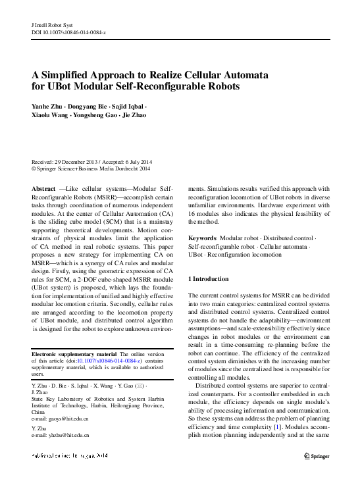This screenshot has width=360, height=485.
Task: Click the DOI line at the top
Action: pos(68,32)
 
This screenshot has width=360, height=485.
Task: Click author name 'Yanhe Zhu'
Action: pos(49,106)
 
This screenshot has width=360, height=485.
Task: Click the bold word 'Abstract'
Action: pos(43,188)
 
